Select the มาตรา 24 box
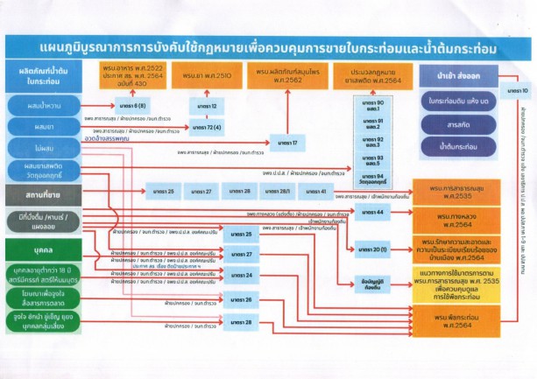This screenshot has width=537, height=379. (x=243, y=275)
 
